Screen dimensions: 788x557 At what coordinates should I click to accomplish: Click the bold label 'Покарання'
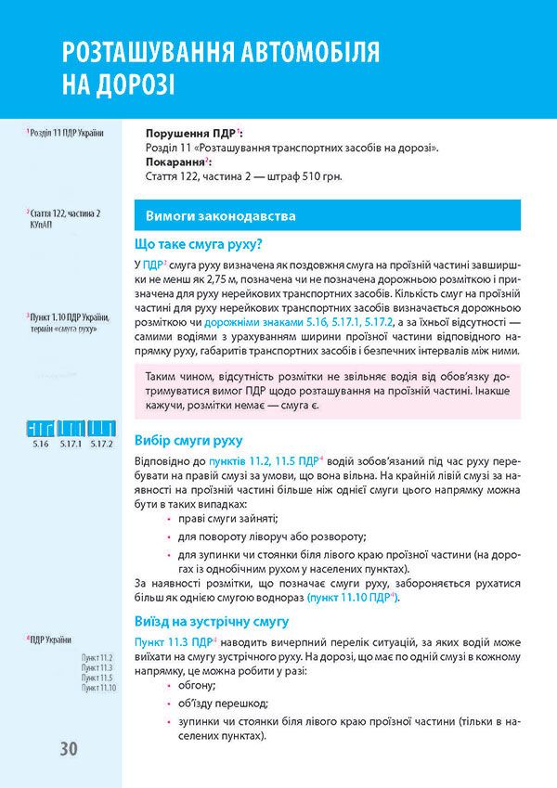coord(178,161)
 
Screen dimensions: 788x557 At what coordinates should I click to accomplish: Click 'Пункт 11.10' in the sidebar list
coord(98,688)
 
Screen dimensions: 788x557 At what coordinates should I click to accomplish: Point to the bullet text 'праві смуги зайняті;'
coord(219,517)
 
